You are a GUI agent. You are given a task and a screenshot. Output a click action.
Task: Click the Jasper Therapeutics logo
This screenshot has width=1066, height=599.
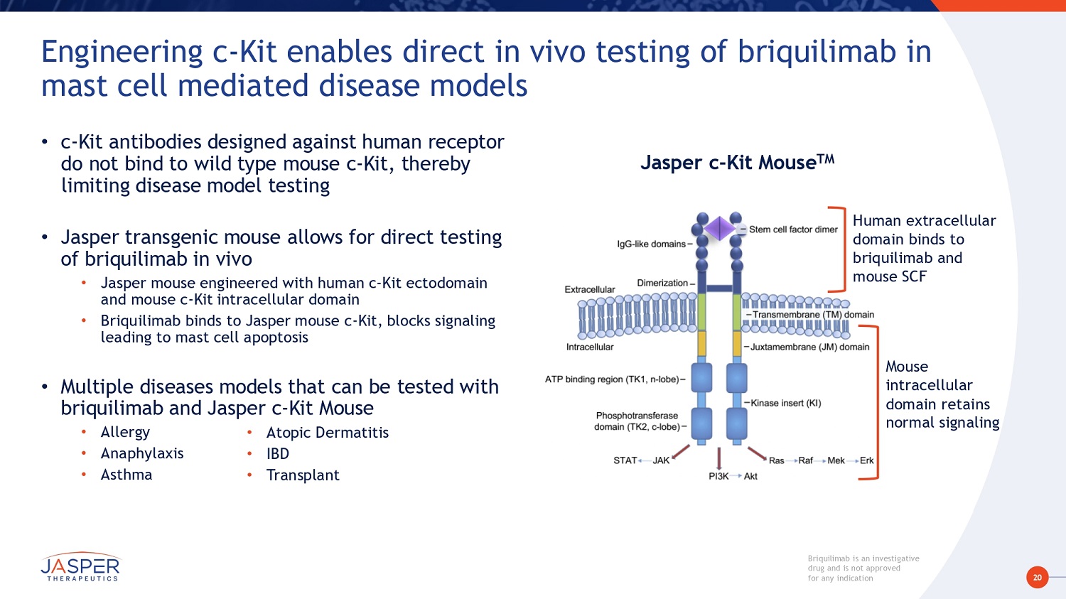[80, 567]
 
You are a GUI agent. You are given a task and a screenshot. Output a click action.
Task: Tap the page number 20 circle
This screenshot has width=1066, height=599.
[1037, 578]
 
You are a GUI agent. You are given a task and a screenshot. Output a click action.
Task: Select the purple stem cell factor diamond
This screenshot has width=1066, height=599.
[719, 229]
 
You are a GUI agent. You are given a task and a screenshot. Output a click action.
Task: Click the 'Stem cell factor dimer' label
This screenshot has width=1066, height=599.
[793, 230]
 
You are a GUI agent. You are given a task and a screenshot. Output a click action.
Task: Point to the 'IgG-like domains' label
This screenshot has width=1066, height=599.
[652, 244]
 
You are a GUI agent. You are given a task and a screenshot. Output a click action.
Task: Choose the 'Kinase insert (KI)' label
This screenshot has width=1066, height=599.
[785, 403]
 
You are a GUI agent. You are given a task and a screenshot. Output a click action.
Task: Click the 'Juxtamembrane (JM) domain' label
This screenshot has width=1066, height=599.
[809, 347]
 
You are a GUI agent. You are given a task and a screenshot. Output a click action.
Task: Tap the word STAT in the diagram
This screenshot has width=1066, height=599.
[625, 460]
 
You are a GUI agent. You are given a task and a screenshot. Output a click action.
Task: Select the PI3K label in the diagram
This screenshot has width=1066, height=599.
[718, 476]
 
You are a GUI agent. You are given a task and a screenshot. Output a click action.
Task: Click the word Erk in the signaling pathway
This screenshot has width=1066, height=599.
[866, 460]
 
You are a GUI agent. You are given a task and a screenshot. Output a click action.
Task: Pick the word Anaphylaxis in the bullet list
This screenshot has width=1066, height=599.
[142, 453]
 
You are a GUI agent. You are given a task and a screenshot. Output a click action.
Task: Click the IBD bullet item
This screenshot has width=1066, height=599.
[278, 453]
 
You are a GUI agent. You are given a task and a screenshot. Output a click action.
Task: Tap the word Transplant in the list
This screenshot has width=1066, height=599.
[303, 475]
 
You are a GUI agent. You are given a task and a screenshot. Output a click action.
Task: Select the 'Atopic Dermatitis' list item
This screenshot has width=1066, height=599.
[328, 433]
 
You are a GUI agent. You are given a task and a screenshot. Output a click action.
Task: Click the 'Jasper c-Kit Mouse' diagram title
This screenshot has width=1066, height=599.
[737, 162]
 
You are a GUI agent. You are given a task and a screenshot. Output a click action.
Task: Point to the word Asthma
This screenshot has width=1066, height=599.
[126, 475]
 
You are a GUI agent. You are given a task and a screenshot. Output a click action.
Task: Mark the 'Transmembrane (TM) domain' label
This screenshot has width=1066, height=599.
[813, 314]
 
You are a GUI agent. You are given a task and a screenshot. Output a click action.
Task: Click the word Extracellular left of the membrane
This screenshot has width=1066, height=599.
[590, 289]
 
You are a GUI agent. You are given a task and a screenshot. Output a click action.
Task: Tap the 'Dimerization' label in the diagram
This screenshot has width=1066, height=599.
[662, 283]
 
